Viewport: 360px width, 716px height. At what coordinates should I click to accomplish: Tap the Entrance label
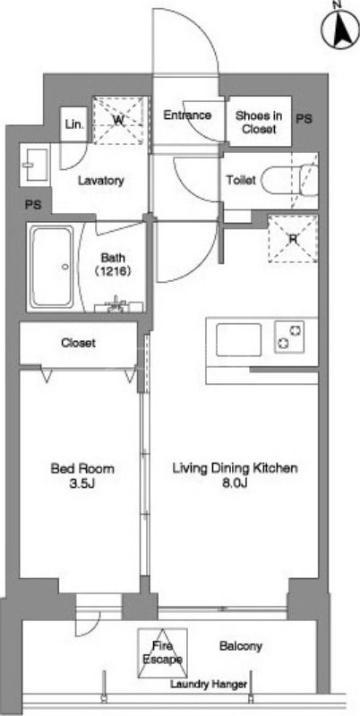(x=187, y=115)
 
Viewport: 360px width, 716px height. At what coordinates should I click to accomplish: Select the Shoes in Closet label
(x=259, y=122)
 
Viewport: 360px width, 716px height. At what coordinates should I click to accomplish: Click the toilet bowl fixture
(x=288, y=181)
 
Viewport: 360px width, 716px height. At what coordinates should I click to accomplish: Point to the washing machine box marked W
(x=121, y=120)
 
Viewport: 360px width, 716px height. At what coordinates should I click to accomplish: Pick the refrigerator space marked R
(x=292, y=239)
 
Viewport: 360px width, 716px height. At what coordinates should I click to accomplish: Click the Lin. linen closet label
(x=74, y=124)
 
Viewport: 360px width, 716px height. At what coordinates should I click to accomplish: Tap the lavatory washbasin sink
(x=35, y=165)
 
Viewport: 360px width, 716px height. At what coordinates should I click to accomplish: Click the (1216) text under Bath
(x=114, y=271)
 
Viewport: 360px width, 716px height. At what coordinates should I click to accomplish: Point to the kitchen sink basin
(x=238, y=340)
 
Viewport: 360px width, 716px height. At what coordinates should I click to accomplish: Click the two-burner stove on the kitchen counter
(x=289, y=337)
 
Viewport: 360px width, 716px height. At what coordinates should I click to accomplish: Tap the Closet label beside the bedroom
(x=78, y=343)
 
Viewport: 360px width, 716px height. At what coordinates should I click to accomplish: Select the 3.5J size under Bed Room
(x=82, y=483)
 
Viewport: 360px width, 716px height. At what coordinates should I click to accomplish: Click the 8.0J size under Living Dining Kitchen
(x=235, y=483)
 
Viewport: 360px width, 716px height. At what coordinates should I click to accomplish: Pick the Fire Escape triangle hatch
(x=162, y=653)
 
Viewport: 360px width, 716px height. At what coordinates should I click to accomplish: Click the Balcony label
(x=241, y=646)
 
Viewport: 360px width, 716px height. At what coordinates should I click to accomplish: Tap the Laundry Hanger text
(x=209, y=684)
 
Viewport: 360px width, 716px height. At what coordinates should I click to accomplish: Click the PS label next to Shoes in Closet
(x=304, y=119)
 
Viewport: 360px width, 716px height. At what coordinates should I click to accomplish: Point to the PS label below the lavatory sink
(x=34, y=205)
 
